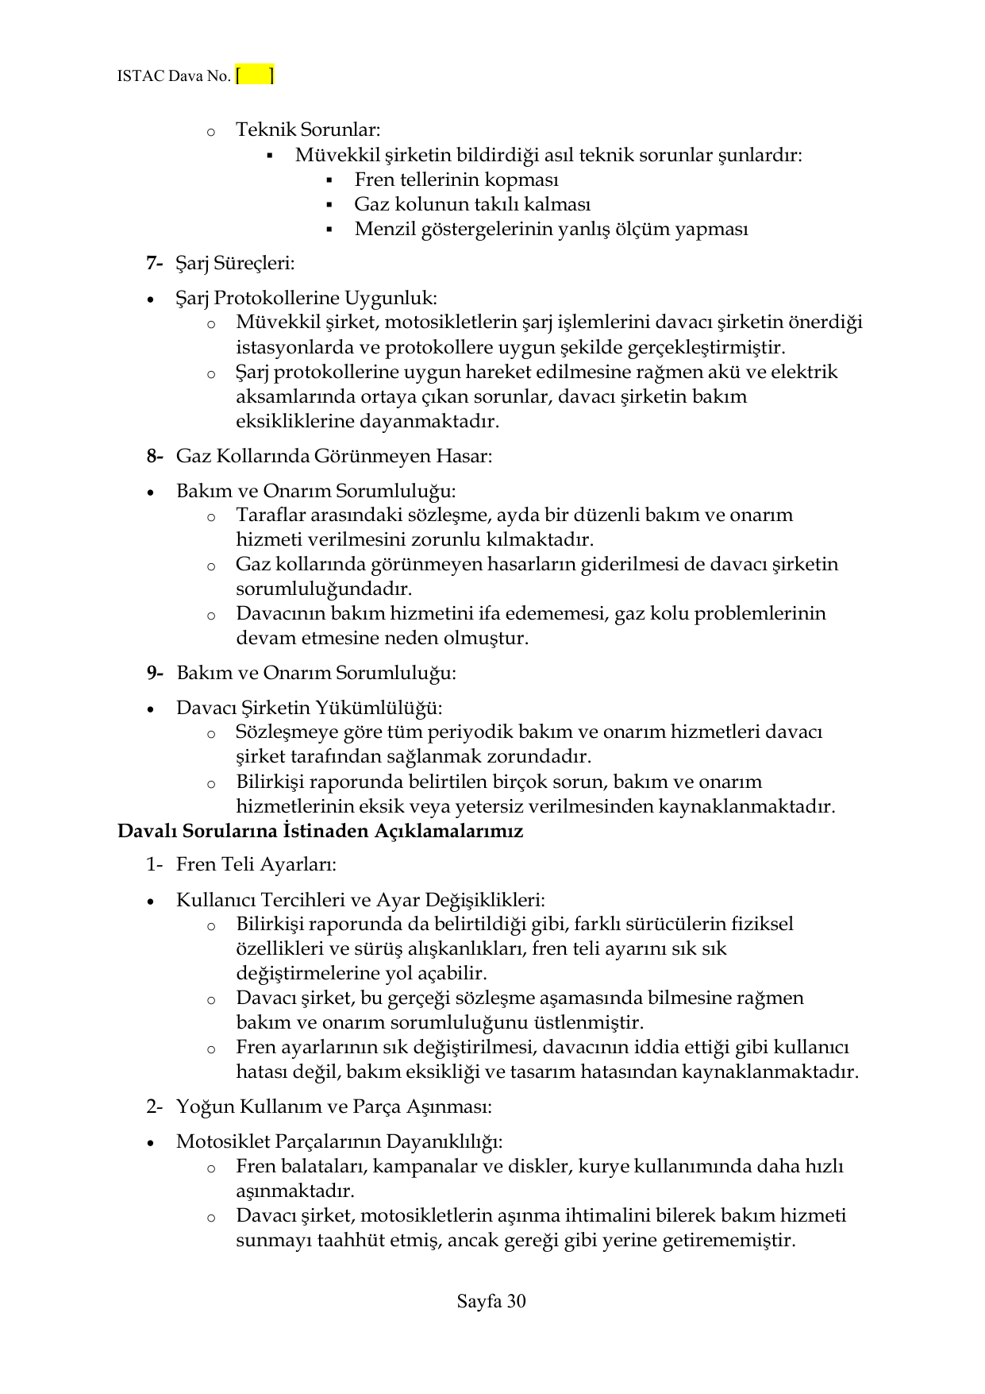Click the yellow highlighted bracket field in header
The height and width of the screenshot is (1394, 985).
coord(255,76)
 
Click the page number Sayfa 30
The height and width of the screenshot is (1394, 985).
coord(491,1301)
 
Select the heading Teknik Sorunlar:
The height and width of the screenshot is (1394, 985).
coord(308,129)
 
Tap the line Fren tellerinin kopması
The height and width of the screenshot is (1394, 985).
coord(456,180)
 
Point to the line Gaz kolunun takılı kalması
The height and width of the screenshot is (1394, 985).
coord(471,204)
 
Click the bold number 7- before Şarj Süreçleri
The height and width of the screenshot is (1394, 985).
coord(154,263)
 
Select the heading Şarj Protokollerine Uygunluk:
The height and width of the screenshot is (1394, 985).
coord(306,298)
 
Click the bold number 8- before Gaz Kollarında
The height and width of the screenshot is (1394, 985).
coord(154,456)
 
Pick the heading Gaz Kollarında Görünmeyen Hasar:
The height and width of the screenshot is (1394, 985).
coord(333,456)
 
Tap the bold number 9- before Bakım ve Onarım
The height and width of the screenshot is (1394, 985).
coord(154,673)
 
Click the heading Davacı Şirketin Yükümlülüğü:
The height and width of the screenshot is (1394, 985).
coord(309,708)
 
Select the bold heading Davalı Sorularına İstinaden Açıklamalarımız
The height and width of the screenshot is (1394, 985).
coord(320,832)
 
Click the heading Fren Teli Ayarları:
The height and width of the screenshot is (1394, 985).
coord(256,864)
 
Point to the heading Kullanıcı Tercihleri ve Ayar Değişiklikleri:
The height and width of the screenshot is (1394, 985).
coord(360,900)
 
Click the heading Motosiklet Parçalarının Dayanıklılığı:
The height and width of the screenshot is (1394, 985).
coord(339,1141)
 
